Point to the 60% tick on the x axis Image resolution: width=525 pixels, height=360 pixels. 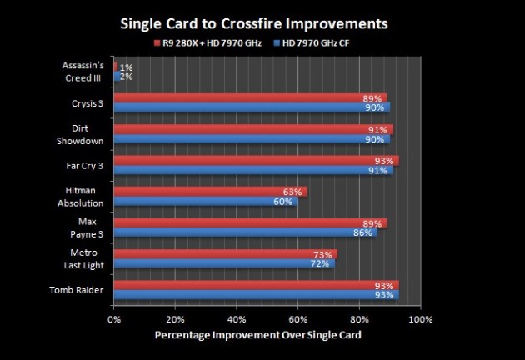(x=297, y=318)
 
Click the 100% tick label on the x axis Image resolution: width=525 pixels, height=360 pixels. (x=421, y=318)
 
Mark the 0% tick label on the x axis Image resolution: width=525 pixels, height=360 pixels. (x=114, y=318)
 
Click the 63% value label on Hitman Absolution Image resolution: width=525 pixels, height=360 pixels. (x=292, y=192)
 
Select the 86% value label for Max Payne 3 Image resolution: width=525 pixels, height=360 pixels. (x=362, y=232)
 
